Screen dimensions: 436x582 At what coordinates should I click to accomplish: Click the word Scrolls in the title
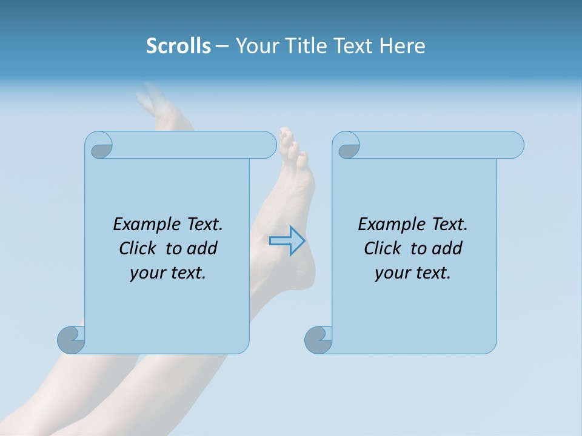(178, 46)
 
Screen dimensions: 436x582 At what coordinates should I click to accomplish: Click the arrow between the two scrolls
(287, 241)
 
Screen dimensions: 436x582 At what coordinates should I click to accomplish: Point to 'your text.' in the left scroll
(168, 273)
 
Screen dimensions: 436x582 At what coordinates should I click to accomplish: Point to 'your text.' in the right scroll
(413, 273)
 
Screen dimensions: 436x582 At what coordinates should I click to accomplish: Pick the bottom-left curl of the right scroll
(318, 340)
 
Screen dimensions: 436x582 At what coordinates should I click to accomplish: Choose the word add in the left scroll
(202, 248)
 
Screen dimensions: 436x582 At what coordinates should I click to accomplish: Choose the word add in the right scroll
(447, 248)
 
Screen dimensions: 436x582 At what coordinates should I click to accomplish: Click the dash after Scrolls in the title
(222, 47)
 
